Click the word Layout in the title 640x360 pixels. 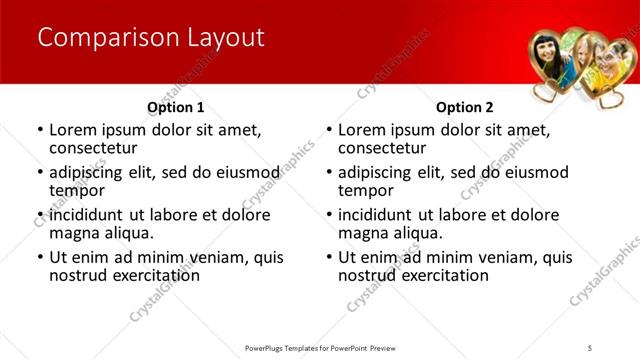pos(225,38)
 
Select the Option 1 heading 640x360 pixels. pos(175,107)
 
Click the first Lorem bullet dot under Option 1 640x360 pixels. pos(39,130)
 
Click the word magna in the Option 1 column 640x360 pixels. pos(75,233)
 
